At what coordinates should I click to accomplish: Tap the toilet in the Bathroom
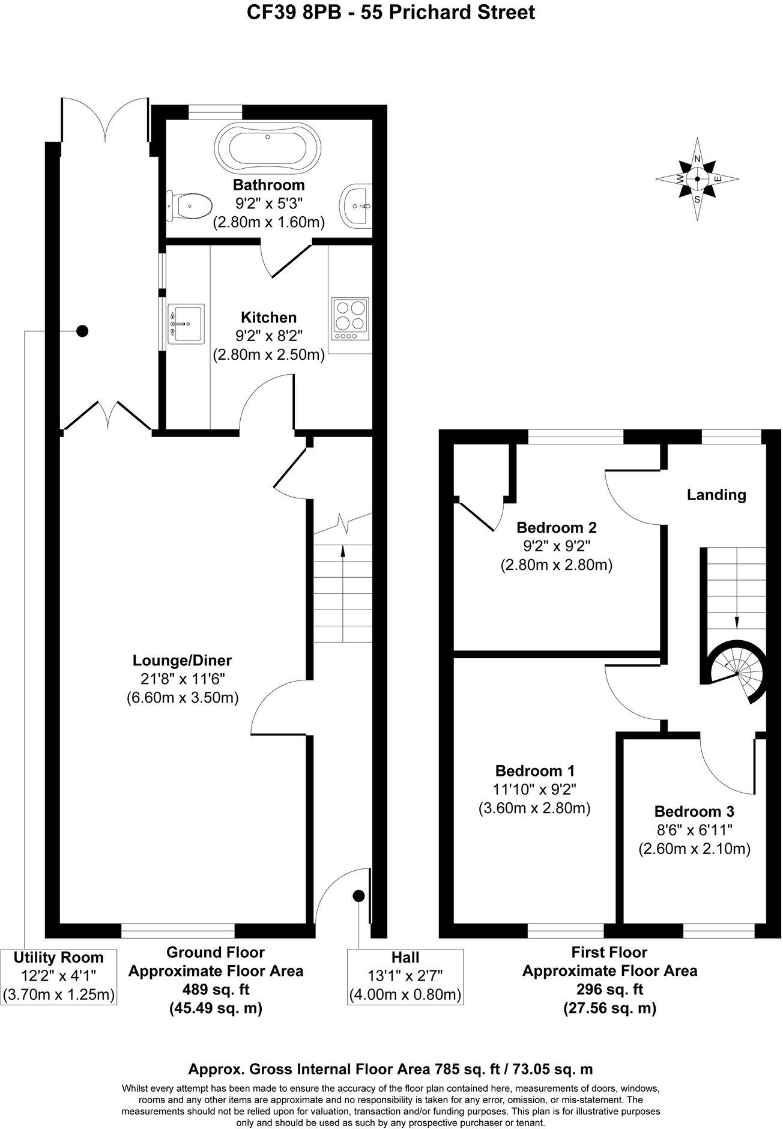coord(189,206)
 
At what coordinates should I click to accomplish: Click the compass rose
coord(697,178)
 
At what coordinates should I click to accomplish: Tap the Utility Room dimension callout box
coord(58,976)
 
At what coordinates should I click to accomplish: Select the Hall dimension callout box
coord(405,976)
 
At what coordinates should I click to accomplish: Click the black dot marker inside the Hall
coord(358,896)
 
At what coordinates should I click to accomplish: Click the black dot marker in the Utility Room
coord(82,330)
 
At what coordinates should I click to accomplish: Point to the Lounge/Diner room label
coord(182,661)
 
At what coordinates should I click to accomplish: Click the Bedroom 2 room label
coord(557,528)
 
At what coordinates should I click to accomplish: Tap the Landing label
coord(716,495)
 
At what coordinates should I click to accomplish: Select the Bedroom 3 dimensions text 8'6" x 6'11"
coord(694,831)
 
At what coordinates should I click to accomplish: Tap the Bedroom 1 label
coord(535,770)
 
